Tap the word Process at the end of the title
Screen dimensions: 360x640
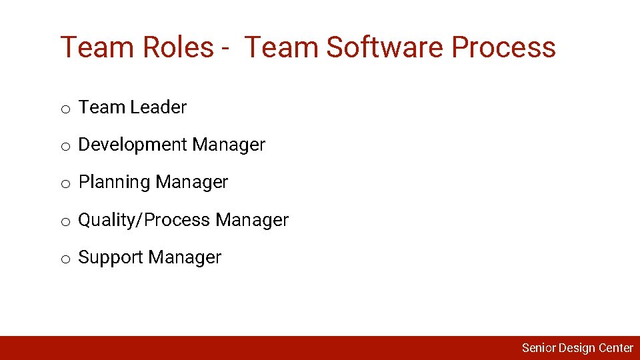coord(503,47)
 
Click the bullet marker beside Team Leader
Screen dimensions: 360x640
coord(65,109)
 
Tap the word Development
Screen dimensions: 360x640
coord(133,145)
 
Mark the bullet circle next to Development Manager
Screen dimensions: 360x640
coord(65,147)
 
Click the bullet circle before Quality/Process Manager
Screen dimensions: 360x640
coord(65,222)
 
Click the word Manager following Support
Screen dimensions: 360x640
coord(185,258)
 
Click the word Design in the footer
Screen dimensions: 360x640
coord(577,348)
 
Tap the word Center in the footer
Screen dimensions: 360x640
coord(616,348)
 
